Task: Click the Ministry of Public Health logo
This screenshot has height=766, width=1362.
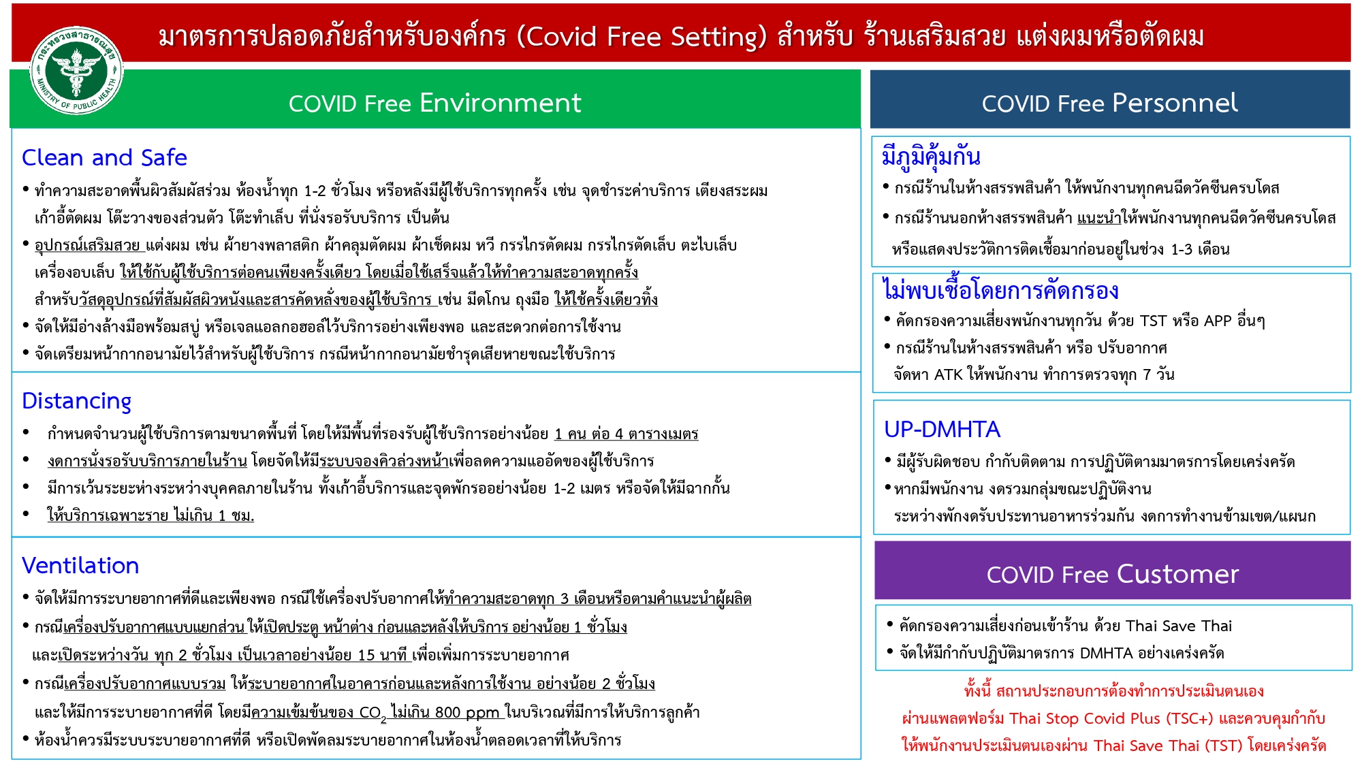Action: [x=76, y=71]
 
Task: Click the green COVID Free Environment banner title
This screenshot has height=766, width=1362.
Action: [x=434, y=103]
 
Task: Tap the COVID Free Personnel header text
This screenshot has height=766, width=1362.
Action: [x=1109, y=103]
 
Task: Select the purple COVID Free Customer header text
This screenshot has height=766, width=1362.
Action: [x=1112, y=574]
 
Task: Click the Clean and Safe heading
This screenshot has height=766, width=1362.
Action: [x=104, y=157]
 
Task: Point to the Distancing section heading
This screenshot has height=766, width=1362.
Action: [x=76, y=401]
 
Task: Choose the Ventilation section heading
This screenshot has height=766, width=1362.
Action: [x=80, y=565]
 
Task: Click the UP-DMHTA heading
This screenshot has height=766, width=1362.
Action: [x=942, y=429]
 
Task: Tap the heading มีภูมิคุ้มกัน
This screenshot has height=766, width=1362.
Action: [x=931, y=156]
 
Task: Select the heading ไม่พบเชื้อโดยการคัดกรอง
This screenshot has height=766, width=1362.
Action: [x=1000, y=290]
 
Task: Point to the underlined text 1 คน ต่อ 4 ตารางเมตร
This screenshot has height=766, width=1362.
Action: [x=627, y=434]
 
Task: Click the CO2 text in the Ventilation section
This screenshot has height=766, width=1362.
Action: [x=373, y=713]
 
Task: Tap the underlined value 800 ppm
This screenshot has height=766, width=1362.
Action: [x=467, y=712]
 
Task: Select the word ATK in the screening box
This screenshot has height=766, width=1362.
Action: [x=948, y=374]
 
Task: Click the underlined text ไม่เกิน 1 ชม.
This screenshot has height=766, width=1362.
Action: [x=214, y=515]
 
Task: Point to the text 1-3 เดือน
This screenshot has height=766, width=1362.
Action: [x=1200, y=249]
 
